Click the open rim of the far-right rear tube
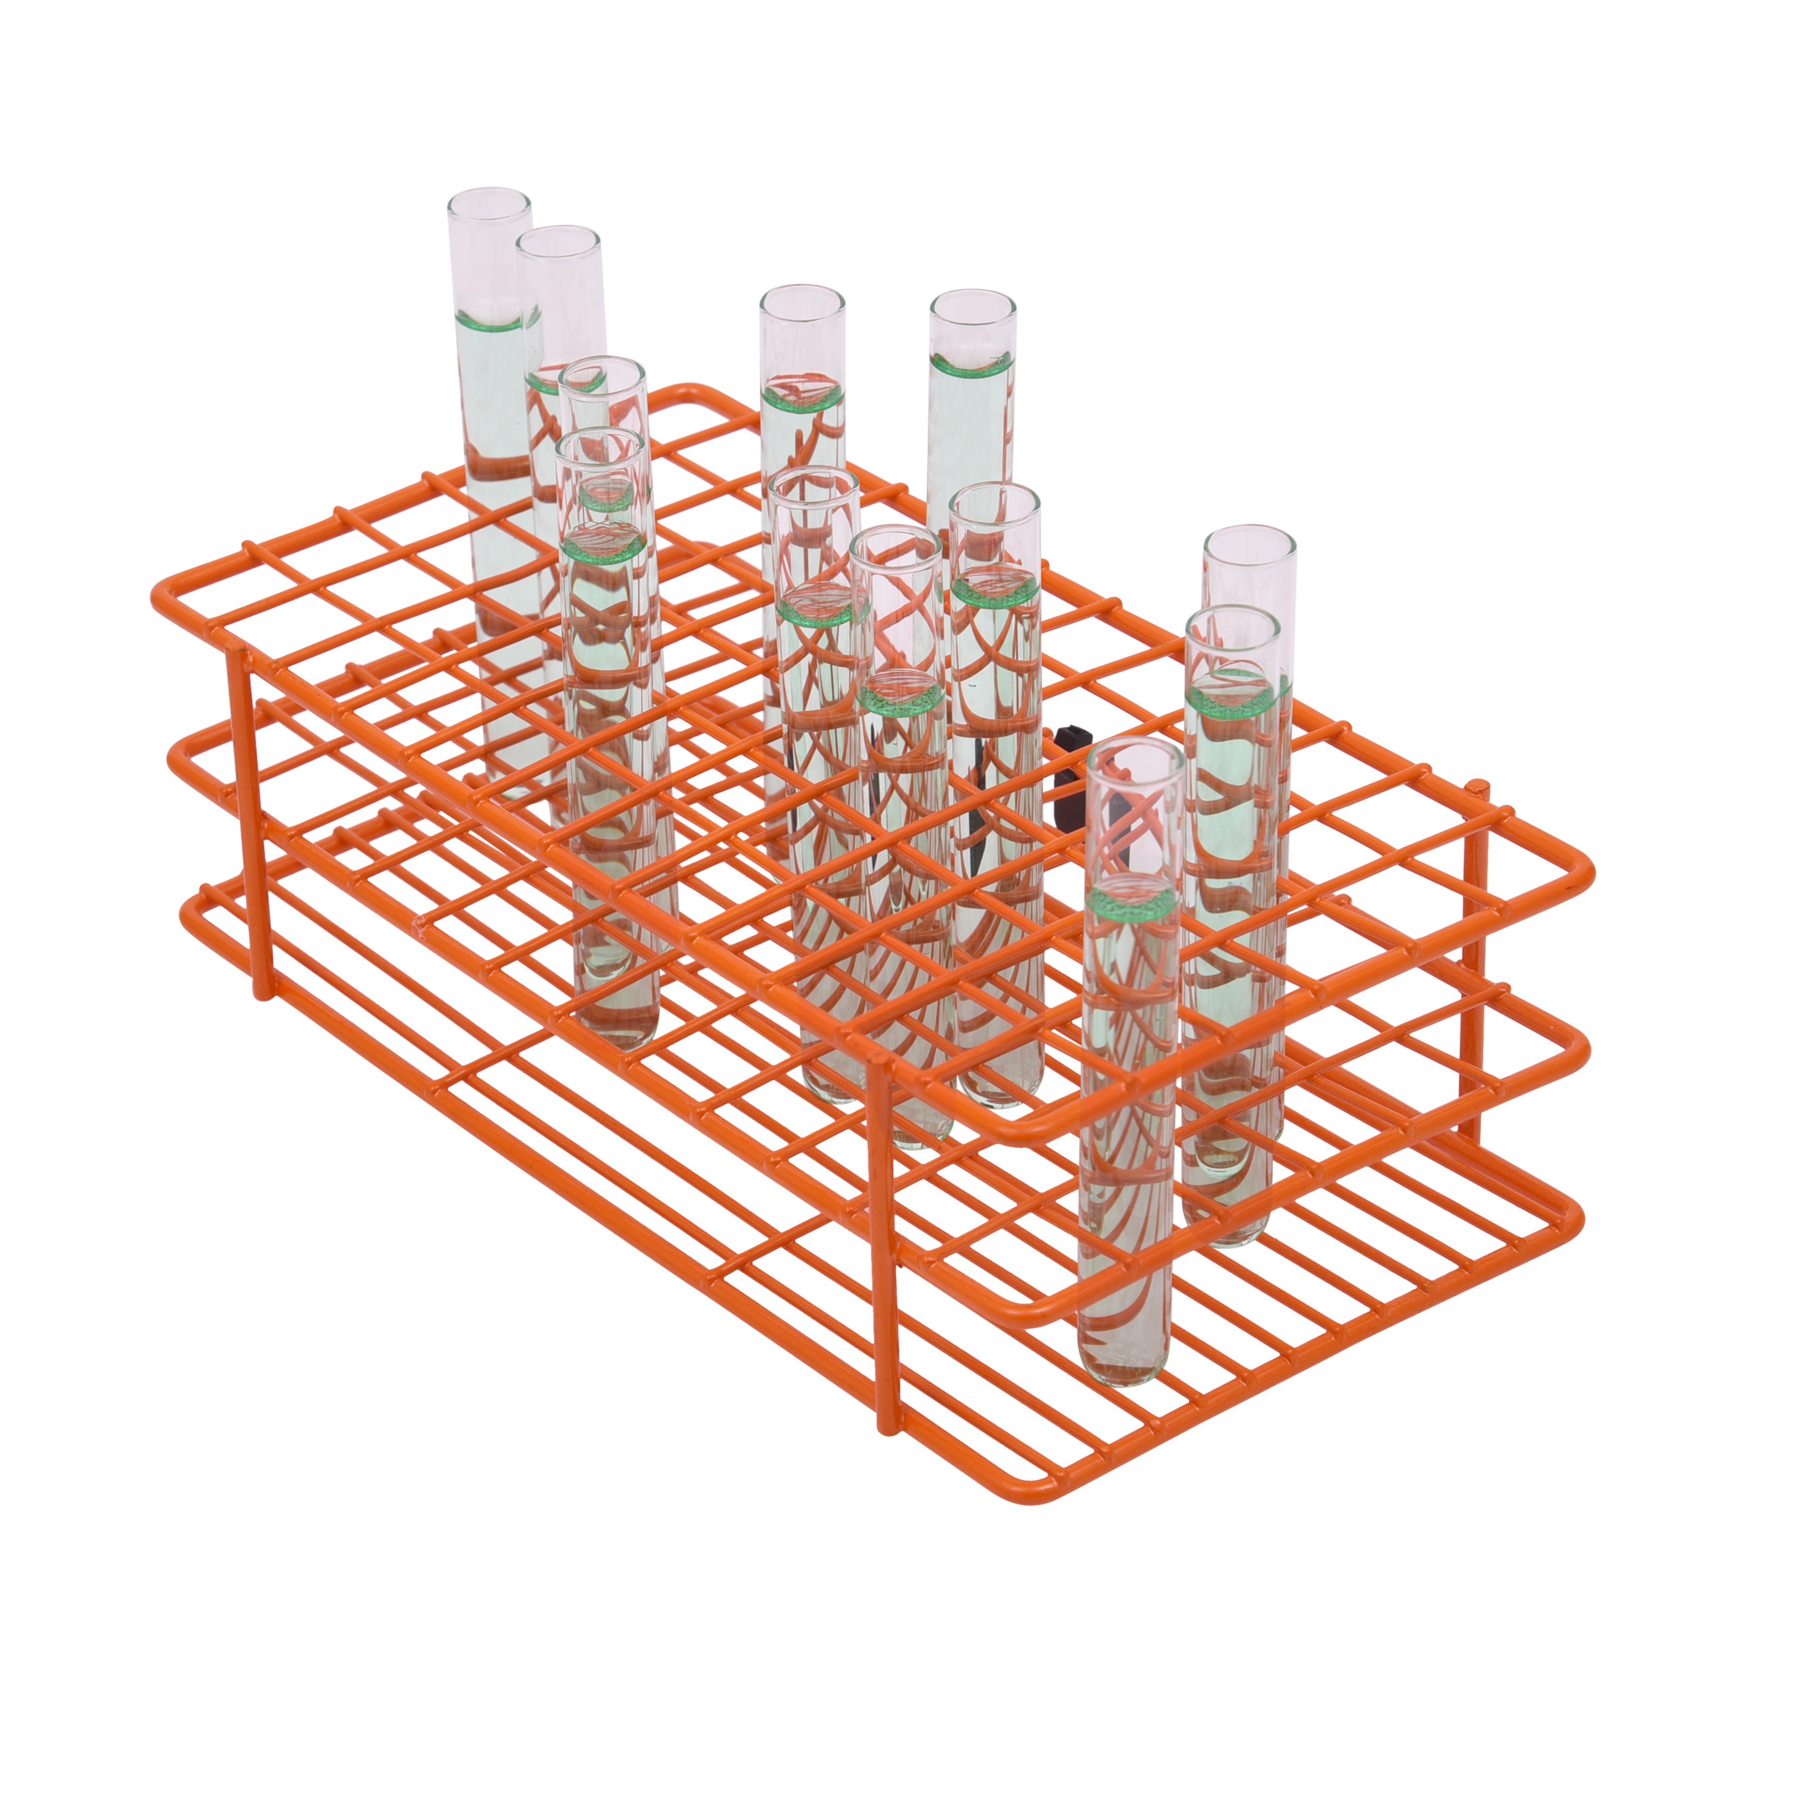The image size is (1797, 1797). click(x=1249, y=538)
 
